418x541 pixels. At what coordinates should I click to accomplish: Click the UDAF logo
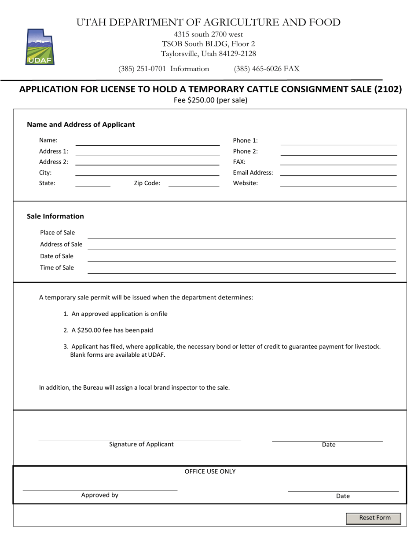pos(40,47)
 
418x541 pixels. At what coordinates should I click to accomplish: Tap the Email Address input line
pos(338,173)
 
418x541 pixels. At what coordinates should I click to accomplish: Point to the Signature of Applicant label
pos(141,444)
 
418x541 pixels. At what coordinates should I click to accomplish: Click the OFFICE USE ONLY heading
pos(210,472)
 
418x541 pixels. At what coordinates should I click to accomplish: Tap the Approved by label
pos(99,495)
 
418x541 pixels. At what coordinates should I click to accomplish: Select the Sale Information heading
pos(55,216)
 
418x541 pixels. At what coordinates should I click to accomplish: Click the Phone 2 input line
pos(338,152)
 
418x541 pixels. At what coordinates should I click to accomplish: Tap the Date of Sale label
pos(57,256)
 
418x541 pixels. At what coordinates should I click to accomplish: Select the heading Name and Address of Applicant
pos(81,124)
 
